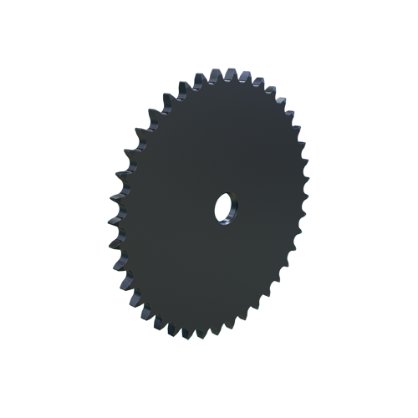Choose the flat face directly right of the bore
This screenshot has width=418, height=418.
(263, 205)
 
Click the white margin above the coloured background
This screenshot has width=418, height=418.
(209, 33)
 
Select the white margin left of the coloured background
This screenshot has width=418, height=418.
(50, 209)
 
